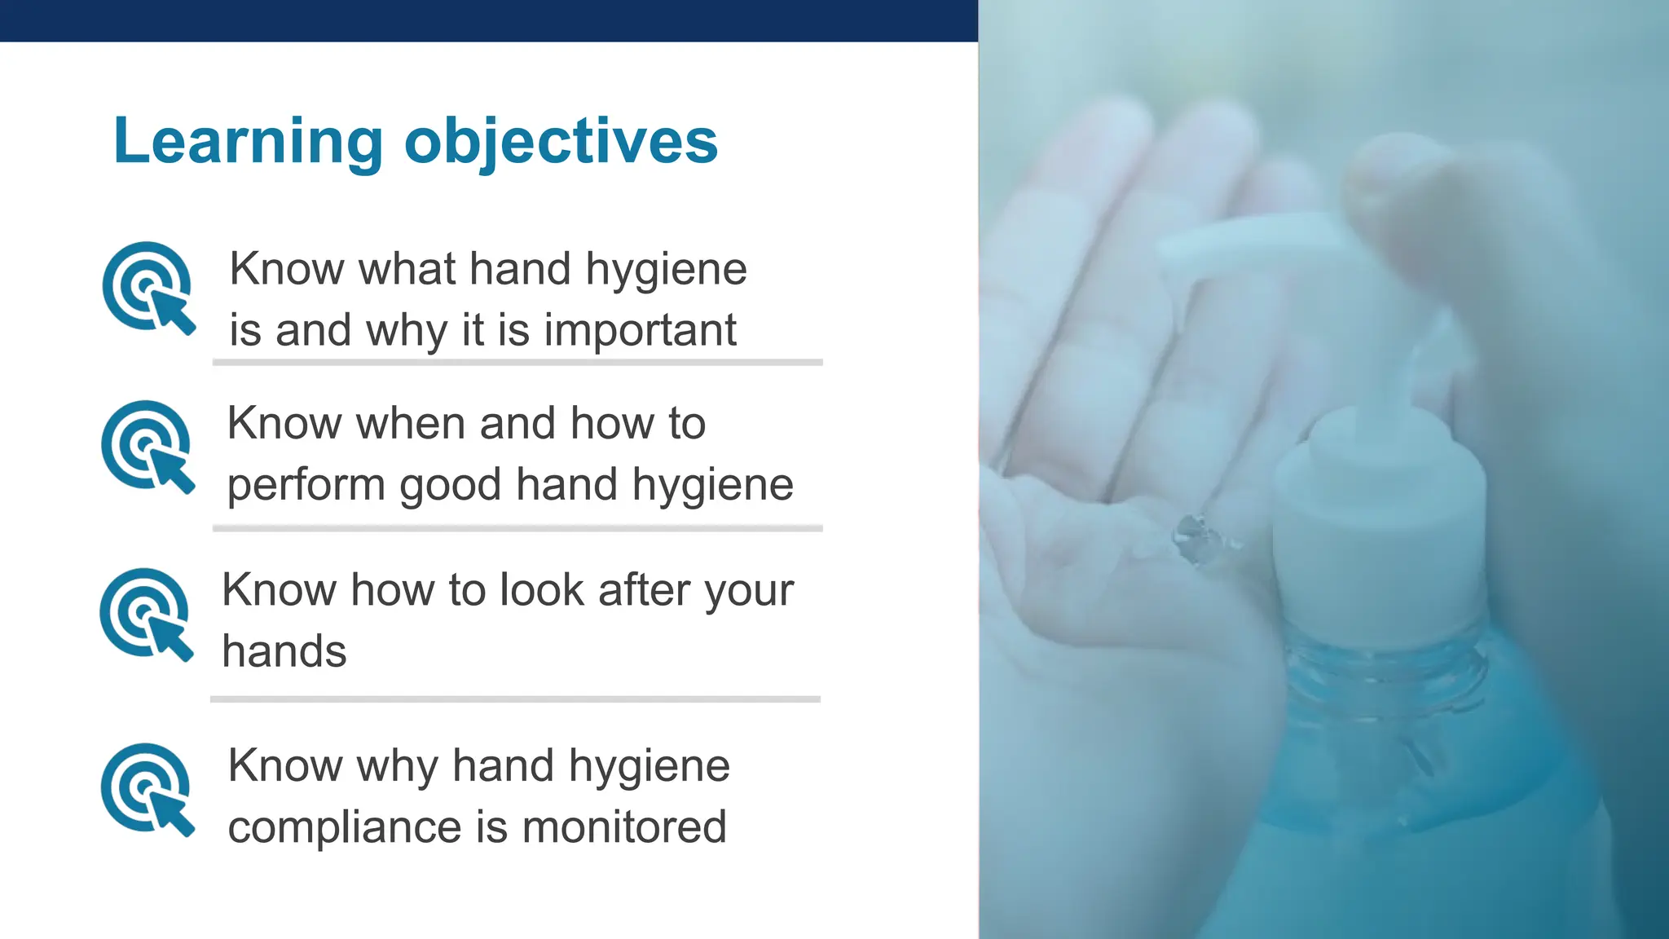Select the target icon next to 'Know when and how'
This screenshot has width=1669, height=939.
(x=148, y=446)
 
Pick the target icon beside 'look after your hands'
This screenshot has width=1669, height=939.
(x=146, y=613)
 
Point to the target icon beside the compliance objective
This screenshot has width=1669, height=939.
(x=147, y=788)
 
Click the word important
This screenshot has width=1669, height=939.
(x=640, y=331)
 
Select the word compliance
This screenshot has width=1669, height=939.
(x=345, y=827)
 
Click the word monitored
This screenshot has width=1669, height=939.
(x=623, y=827)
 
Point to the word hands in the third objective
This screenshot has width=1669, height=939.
(x=284, y=652)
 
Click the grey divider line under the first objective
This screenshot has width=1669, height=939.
(x=517, y=362)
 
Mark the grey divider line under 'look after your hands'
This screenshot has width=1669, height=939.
(x=515, y=699)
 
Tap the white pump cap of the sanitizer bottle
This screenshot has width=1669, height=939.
(x=1379, y=522)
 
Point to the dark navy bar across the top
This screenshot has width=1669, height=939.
(x=489, y=20)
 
